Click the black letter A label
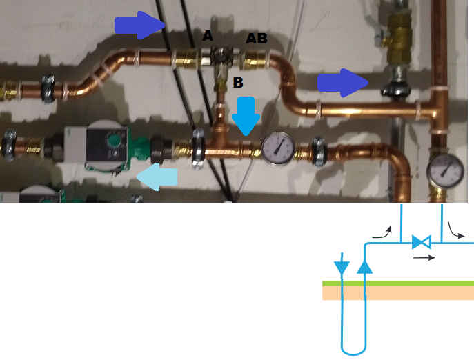(207, 36)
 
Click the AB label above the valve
(257, 39)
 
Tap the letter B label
(237, 82)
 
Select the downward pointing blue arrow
(244, 115)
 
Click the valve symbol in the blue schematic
(421, 242)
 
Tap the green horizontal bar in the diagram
(398, 283)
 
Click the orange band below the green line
(398, 292)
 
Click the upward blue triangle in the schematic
(365, 266)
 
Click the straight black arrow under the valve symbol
(424, 258)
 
